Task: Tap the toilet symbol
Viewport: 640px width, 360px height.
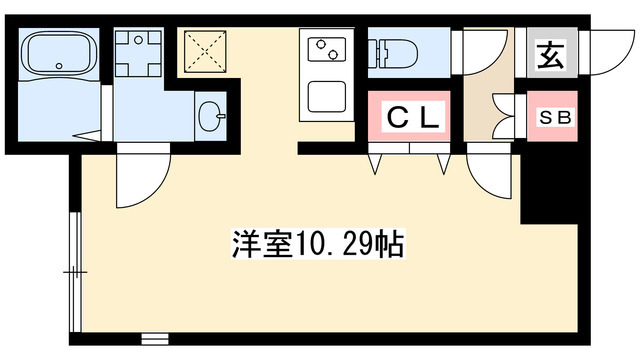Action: tap(397, 52)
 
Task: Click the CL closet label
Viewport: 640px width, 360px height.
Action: tap(411, 118)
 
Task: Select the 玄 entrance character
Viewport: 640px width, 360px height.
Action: tap(550, 55)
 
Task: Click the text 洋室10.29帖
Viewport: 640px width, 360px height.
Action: tap(318, 245)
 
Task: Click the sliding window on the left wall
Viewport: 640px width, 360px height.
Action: tap(75, 270)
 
